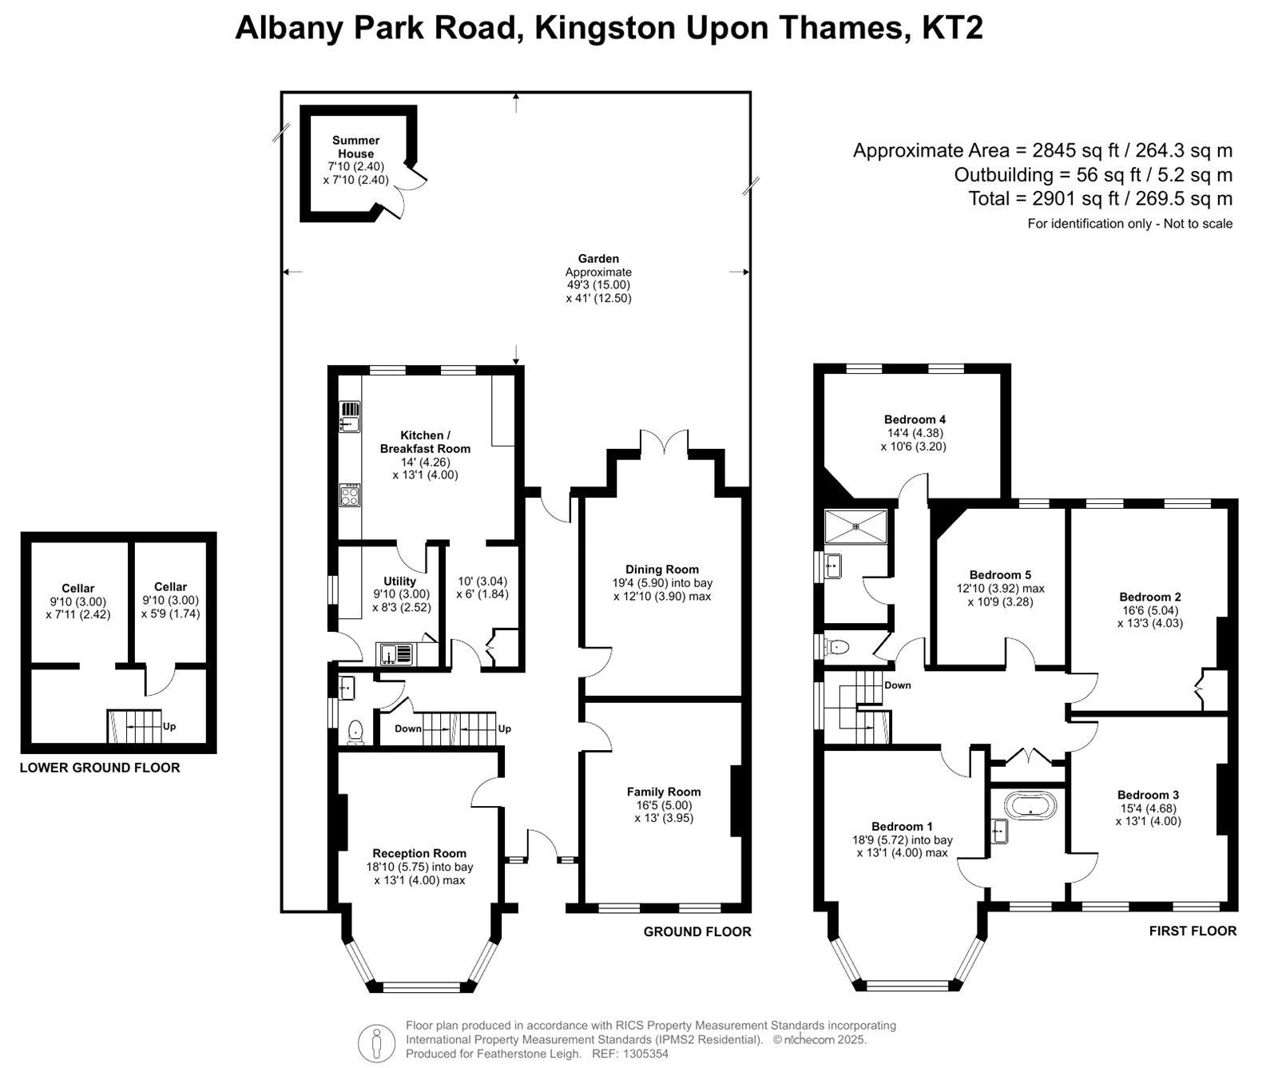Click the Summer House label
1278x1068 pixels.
pos(356,147)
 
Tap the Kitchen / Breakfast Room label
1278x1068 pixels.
pos(425,442)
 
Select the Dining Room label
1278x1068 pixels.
pos(662,570)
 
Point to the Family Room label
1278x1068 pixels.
pos(664,792)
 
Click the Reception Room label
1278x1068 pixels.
pos(419,853)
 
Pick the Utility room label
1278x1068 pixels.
pos(400,582)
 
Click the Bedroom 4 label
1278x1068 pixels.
pos(915,419)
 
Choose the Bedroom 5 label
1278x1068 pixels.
pos(1001,575)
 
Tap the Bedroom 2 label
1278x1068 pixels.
pos(1150,597)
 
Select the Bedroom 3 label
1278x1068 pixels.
pos(1149,795)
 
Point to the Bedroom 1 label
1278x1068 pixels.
pos(903,827)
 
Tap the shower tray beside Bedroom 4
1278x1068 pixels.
pos(855,526)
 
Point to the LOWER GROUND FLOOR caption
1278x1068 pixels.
pos(100,768)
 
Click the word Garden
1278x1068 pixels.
pos(599,259)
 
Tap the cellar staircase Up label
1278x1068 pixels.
pos(169,727)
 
